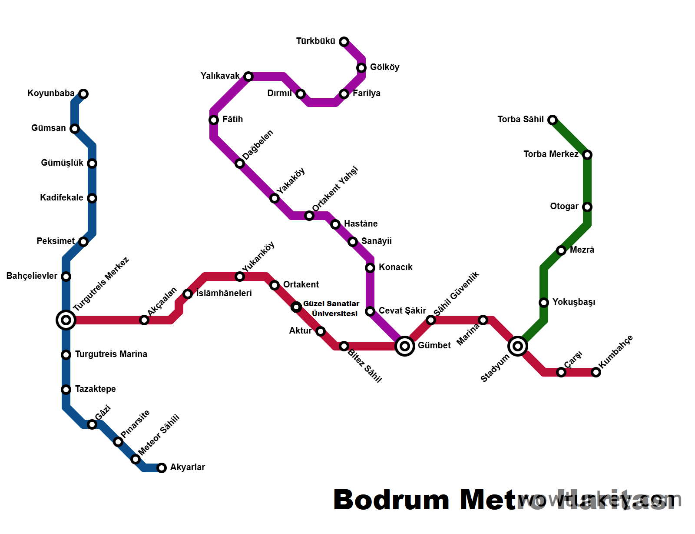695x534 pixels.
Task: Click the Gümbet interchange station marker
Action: click(x=405, y=346)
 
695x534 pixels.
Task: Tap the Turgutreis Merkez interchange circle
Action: click(x=66, y=320)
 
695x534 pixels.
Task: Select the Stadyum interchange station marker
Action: click(x=518, y=346)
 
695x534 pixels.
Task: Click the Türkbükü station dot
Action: click(x=344, y=42)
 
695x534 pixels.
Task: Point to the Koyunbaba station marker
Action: click(x=83, y=94)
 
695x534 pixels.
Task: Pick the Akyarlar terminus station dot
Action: click(x=162, y=468)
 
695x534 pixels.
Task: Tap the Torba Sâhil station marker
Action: click(x=553, y=120)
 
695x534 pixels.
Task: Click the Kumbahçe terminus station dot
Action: click(x=596, y=372)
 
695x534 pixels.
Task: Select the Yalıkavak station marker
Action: click(x=248, y=77)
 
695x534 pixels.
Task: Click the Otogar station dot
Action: click(x=587, y=207)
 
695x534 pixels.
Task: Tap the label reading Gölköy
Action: click(x=384, y=67)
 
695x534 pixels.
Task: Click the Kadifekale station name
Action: click(x=62, y=197)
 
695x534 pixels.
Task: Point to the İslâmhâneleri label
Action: click(x=224, y=293)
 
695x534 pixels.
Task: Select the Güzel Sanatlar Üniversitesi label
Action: click(x=332, y=308)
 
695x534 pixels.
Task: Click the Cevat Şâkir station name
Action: click(x=402, y=310)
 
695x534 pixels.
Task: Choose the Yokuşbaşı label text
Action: click(x=573, y=302)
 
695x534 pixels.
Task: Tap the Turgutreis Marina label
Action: click(x=111, y=354)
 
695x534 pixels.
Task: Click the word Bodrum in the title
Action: click(x=391, y=500)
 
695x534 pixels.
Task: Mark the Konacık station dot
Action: click(x=370, y=268)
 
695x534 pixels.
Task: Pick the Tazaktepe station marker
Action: click(x=66, y=390)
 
